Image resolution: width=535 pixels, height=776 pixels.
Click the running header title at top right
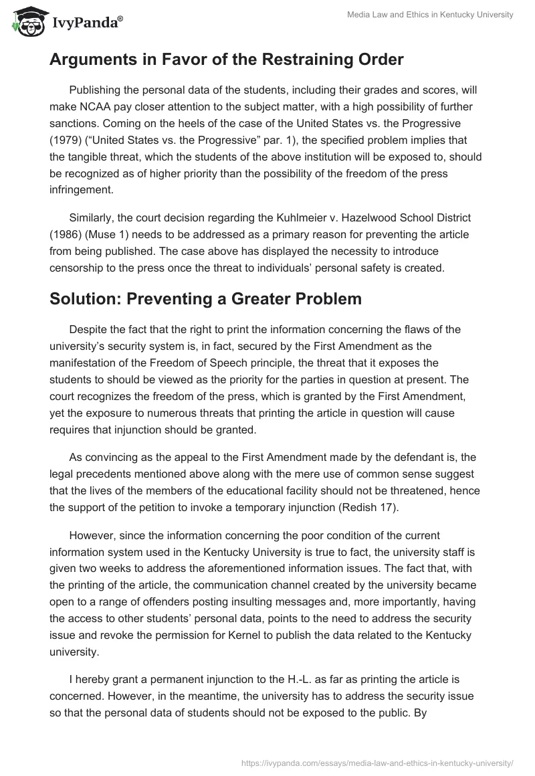[x=441, y=15]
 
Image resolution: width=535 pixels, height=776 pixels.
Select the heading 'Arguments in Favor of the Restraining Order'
[x=226, y=60]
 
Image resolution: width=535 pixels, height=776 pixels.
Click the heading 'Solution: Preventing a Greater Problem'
[x=205, y=299]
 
